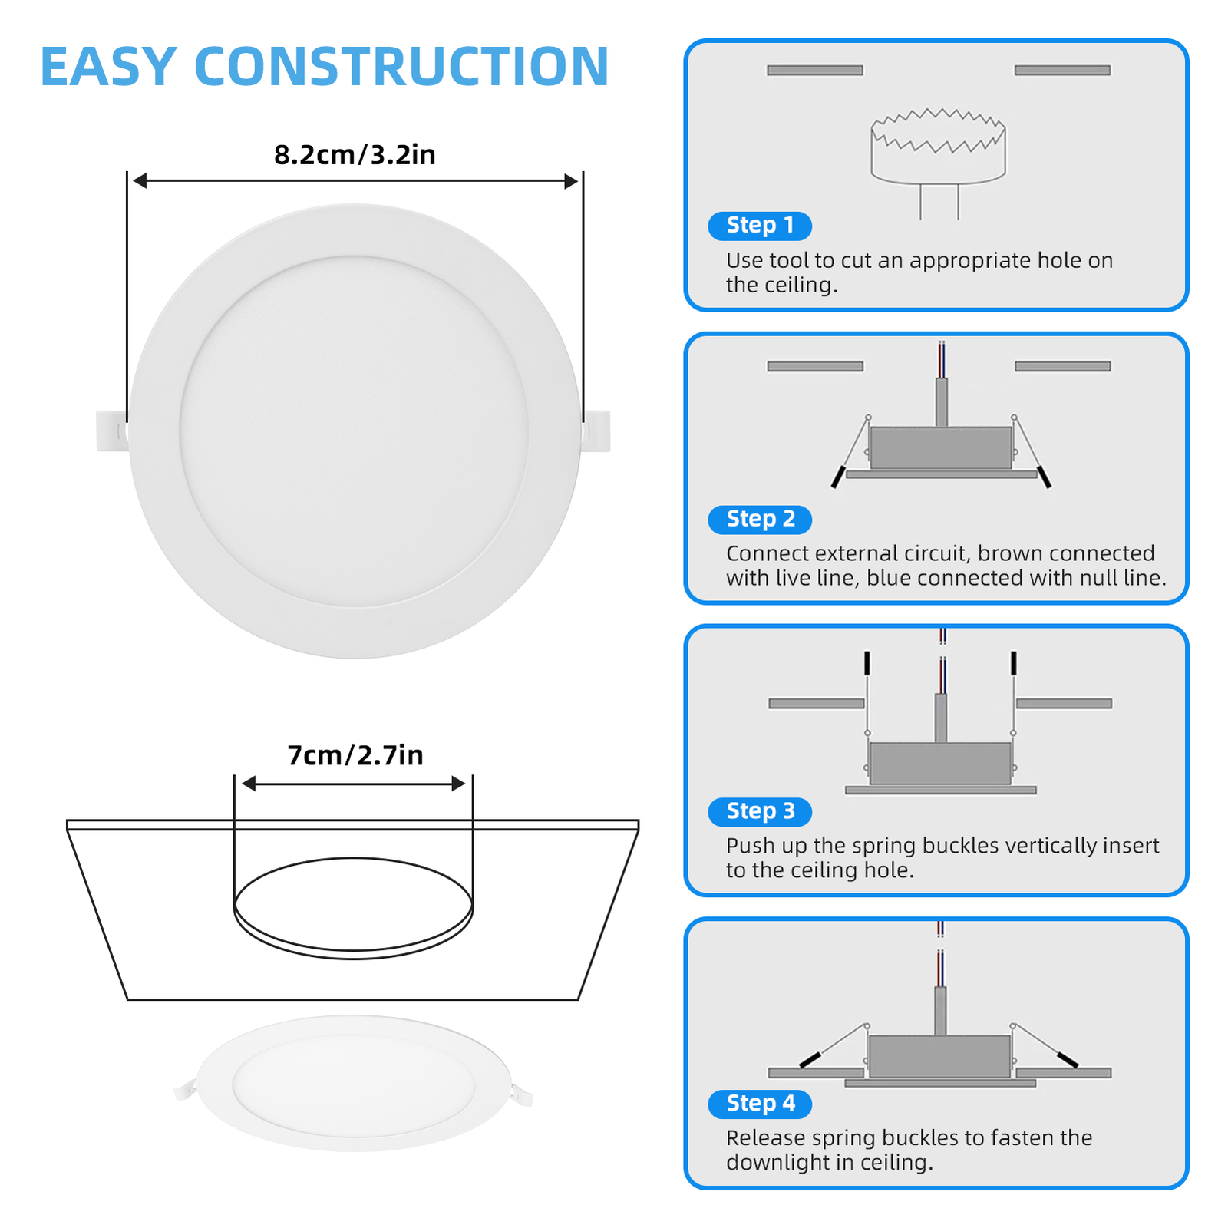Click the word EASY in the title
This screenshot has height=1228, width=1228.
(108, 67)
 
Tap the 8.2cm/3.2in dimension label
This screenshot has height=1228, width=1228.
(355, 155)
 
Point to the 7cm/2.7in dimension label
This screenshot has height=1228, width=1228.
(355, 755)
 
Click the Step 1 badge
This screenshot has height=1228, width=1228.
(759, 226)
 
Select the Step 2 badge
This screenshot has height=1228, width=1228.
(759, 520)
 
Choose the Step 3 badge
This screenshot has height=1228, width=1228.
(759, 811)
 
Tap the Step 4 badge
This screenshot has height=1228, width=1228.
(759, 1104)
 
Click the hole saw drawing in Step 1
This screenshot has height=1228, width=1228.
(938, 150)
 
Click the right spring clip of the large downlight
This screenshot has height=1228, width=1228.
(596, 431)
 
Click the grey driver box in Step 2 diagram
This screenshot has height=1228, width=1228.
(940, 447)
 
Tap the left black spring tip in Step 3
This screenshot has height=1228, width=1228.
(867, 663)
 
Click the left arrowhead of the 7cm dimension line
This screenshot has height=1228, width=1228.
(249, 784)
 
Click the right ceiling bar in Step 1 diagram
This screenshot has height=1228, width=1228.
(1062, 71)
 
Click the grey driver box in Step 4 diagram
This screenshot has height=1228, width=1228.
(939, 1056)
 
